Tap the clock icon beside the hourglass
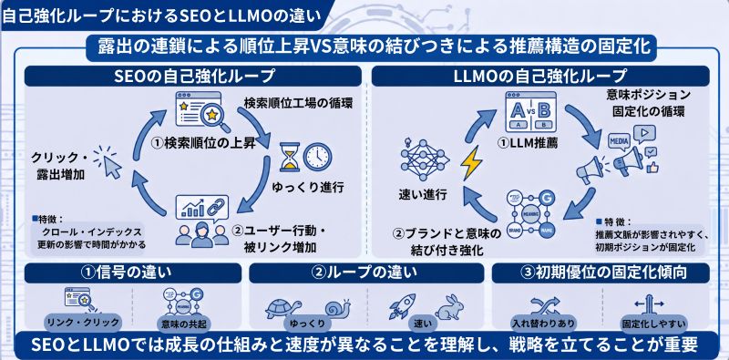coord(315,156)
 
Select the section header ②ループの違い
coord(365,271)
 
